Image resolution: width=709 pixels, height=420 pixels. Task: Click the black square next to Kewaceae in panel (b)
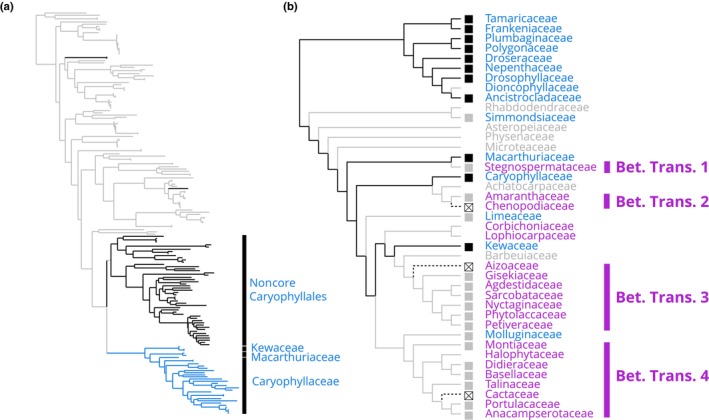(469, 246)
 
